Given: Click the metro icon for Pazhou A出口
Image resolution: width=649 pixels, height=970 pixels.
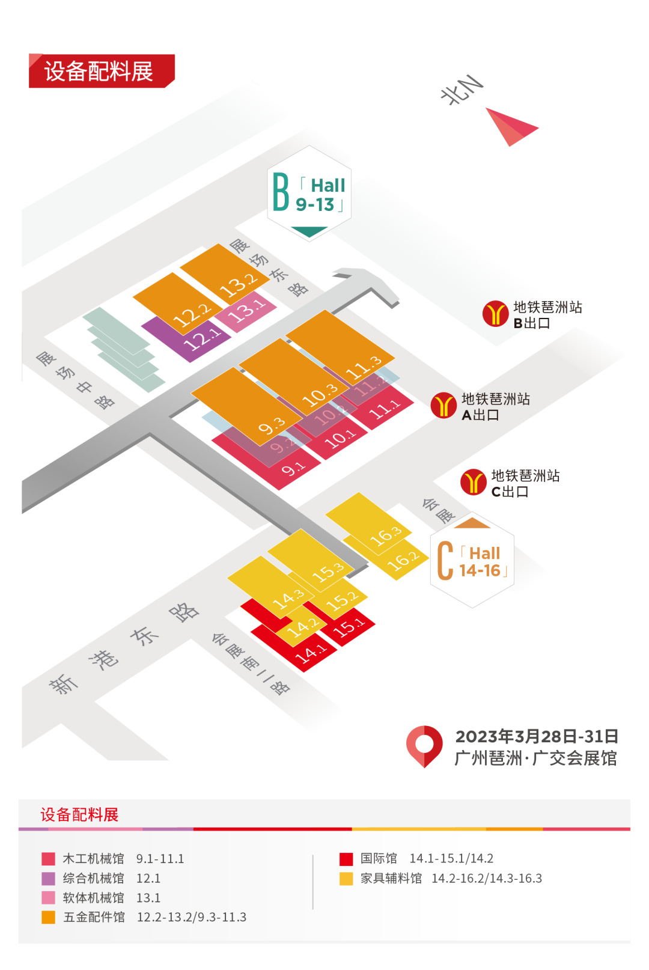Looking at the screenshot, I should (x=443, y=406).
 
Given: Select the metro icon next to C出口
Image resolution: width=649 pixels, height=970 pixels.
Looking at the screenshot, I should (x=473, y=482).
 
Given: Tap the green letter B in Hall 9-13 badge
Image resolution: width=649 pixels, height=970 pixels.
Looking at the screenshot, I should (x=281, y=192).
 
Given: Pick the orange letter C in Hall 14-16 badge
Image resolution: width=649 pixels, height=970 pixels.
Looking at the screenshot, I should (x=445, y=561).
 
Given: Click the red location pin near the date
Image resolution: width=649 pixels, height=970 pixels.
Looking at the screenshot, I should (x=424, y=745).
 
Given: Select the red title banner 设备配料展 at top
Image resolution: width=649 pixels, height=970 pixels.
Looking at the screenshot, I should (x=99, y=72).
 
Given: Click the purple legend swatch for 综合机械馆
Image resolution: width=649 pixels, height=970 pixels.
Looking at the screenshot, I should (x=49, y=878).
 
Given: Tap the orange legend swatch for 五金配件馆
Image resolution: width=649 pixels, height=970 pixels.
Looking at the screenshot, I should (x=49, y=917).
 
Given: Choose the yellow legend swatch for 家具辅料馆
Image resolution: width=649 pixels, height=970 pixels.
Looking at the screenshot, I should (x=346, y=878).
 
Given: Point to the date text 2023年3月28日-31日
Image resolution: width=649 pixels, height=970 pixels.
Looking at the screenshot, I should (x=536, y=736).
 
